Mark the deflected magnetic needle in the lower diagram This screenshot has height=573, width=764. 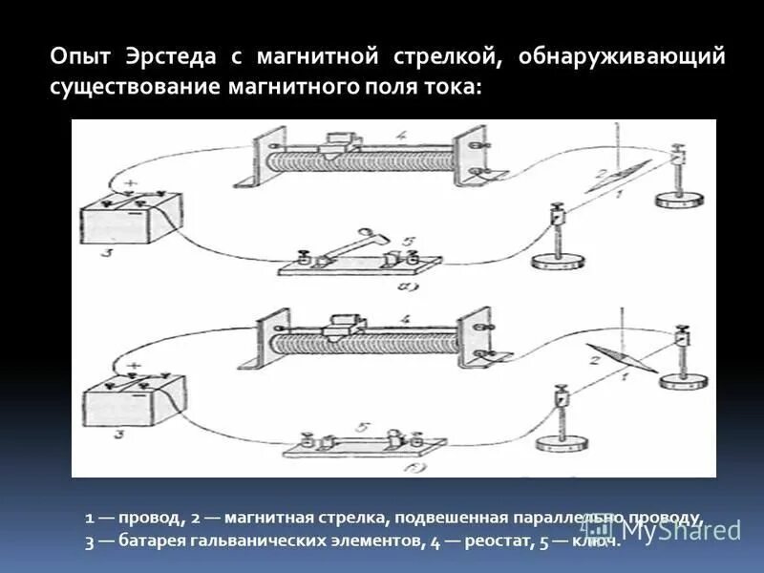coord(621,358)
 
